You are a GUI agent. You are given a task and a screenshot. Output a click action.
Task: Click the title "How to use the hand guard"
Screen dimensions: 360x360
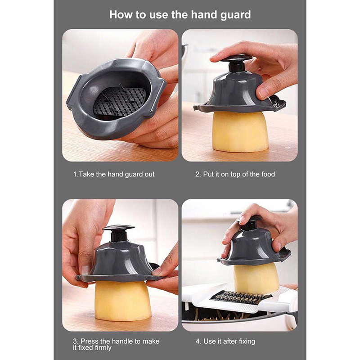pos(180,15)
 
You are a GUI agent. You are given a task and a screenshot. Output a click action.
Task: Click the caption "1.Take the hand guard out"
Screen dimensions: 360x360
pos(114,174)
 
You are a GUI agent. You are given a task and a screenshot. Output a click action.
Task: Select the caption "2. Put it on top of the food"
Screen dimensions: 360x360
pos(235,174)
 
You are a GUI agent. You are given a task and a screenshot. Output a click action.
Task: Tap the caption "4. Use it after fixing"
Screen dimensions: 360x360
pos(225,341)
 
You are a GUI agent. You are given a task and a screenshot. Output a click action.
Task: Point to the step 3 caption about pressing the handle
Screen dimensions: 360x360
pos(116,344)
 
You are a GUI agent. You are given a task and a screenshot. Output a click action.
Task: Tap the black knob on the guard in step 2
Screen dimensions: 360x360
pos(236,63)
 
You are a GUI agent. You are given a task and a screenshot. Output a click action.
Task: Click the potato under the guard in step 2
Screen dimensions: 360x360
pos(240,131)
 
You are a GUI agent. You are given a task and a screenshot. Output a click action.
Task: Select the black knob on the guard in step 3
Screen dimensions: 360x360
pos(119,233)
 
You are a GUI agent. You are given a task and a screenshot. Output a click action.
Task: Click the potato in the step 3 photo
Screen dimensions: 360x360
pos(122,301)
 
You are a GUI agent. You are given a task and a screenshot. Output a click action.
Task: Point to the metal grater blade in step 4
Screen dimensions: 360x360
pos(241,297)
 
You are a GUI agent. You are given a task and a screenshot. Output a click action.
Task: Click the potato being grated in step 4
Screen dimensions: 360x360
pos(256,278)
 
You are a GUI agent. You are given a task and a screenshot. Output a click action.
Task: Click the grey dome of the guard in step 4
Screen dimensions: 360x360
pos(252,248)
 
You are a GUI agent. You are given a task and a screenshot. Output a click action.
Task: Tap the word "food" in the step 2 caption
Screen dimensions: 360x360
pos(268,174)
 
